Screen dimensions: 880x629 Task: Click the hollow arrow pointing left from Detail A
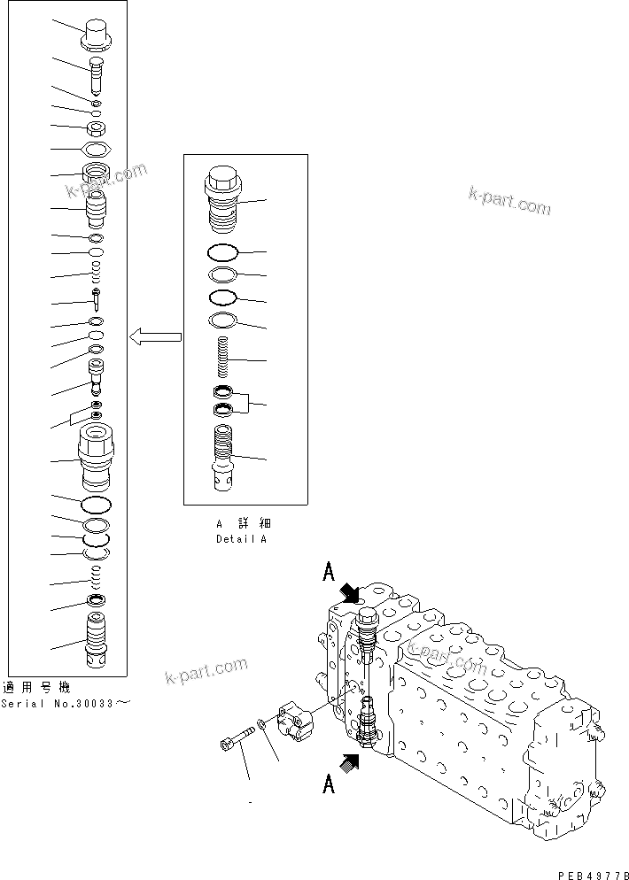coord(155,336)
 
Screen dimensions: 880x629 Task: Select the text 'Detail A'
coord(240,538)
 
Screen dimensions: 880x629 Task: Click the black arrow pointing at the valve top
coord(348,592)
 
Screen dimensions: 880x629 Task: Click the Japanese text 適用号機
coord(35,688)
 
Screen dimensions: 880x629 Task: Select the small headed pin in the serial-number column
coord(94,300)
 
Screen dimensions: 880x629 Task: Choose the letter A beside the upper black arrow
coord(328,574)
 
